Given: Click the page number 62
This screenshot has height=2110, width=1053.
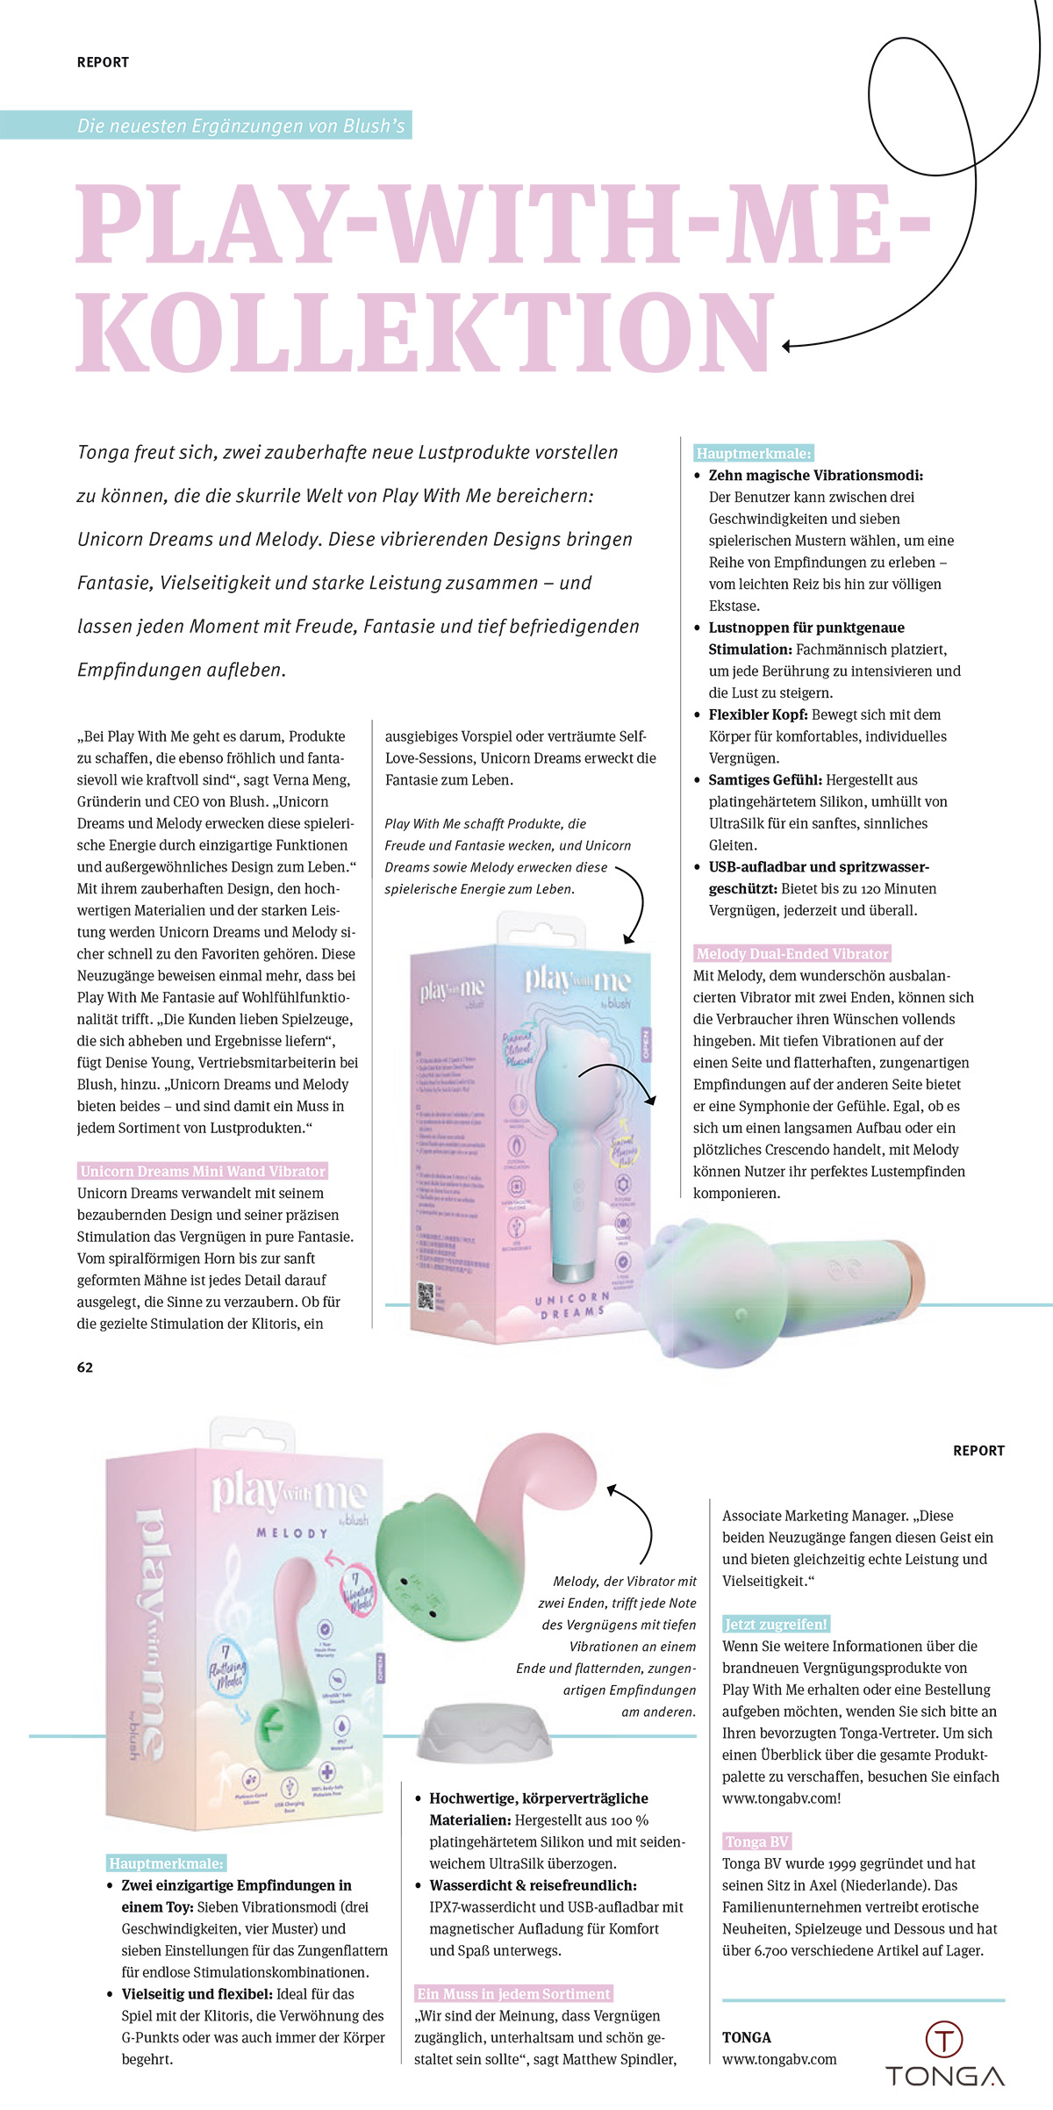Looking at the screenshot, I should [x=85, y=1367].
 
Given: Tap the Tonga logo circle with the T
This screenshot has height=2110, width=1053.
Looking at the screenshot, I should [x=944, y=2038].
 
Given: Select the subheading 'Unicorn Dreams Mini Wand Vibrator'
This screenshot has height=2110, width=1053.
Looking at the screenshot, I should [x=203, y=1171].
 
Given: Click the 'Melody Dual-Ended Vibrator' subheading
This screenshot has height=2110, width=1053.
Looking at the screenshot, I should [x=792, y=953].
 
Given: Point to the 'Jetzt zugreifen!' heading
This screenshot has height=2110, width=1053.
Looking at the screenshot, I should [x=776, y=1624].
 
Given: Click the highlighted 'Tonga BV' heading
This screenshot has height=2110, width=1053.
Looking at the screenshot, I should [x=756, y=1841].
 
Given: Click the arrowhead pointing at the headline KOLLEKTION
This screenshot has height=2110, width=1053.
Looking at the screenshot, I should [x=787, y=346].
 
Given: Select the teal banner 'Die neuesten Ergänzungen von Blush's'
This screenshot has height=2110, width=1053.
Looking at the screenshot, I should [x=240, y=126].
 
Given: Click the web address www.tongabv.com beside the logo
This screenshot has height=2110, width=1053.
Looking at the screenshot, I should [x=779, y=2059].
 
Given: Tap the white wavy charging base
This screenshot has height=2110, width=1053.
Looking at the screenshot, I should [x=484, y=1731].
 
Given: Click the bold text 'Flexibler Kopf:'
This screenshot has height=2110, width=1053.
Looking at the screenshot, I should [x=758, y=714].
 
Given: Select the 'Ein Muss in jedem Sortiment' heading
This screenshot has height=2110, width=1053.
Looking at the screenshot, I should [x=513, y=1993].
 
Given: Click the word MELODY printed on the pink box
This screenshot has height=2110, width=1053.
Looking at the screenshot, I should [x=292, y=1532].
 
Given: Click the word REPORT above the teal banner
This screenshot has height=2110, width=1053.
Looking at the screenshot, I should [x=103, y=62].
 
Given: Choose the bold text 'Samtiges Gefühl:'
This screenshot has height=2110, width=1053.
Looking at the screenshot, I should [x=765, y=779].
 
